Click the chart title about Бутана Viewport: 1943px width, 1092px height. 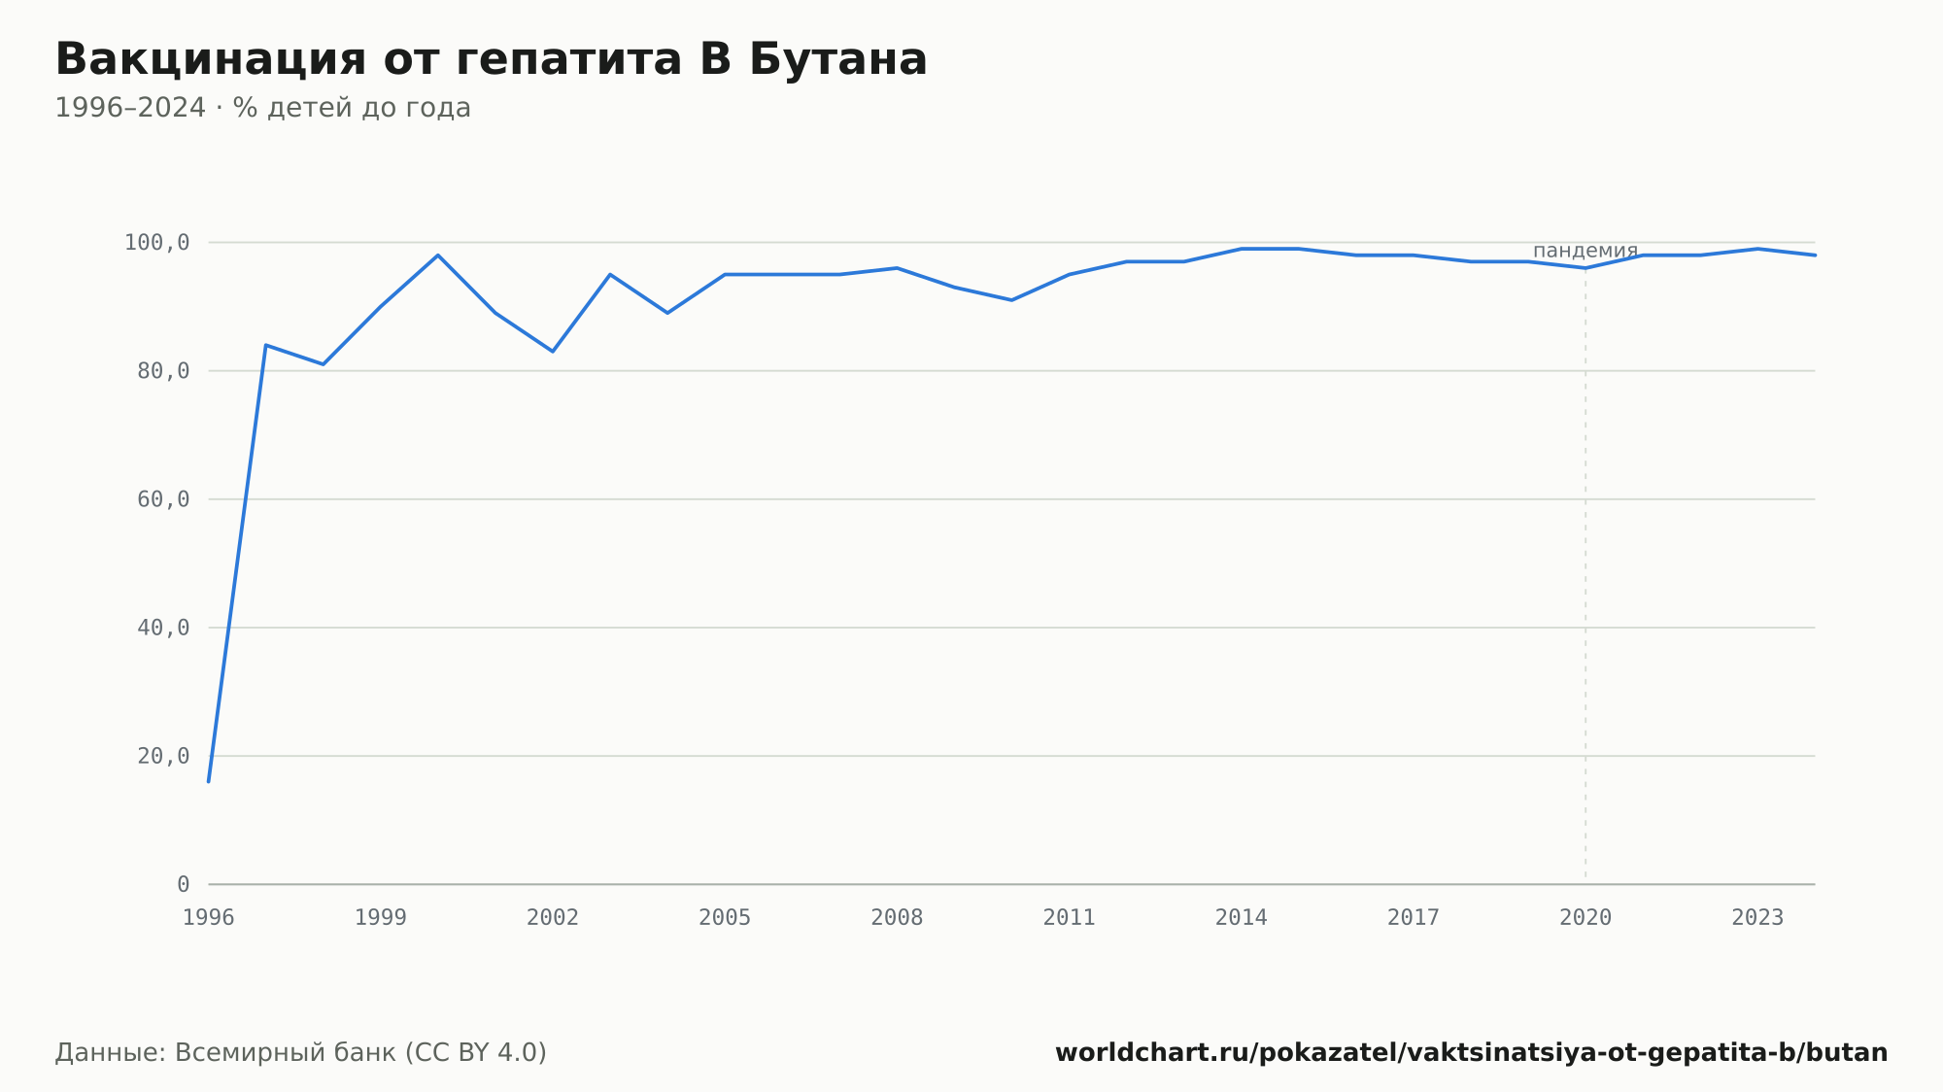pyautogui.click(x=491, y=59)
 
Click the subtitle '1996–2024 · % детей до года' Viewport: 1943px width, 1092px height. pyautogui.click(x=262, y=108)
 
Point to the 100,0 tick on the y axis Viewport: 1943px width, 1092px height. pyautogui.click(x=156, y=242)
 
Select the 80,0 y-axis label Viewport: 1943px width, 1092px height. pyautogui.click(x=163, y=370)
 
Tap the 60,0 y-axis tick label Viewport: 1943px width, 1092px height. pyautogui.click(x=163, y=499)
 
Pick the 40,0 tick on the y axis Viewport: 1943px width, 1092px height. pyautogui.click(x=163, y=628)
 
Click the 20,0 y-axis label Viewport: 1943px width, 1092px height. pyautogui.click(x=163, y=756)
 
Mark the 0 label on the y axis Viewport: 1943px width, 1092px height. pyautogui.click(x=184, y=884)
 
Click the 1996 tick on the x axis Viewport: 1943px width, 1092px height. pyautogui.click(x=209, y=917)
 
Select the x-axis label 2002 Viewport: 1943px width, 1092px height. pyautogui.click(x=553, y=917)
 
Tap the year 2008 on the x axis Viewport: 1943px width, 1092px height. pyautogui.click(x=897, y=917)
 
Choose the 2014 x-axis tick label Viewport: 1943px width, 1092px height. pyautogui.click(x=1242, y=917)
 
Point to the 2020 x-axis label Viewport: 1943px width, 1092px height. pyautogui.click(x=1585, y=917)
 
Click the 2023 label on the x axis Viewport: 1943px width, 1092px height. pyautogui.click(x=1757, y=917)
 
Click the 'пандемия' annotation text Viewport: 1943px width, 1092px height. pyautogui.click(x=1585, y=251)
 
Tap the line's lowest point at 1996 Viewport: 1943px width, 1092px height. pyautogui.click(x=209, y=781)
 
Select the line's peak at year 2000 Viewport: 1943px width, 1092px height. pyautogui.click(x=438, y=255)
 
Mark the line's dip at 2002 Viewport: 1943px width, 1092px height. pyautogui.click(x=553, y=351)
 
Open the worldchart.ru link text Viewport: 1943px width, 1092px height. pyautogui.click(x=1472, y=1052)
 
